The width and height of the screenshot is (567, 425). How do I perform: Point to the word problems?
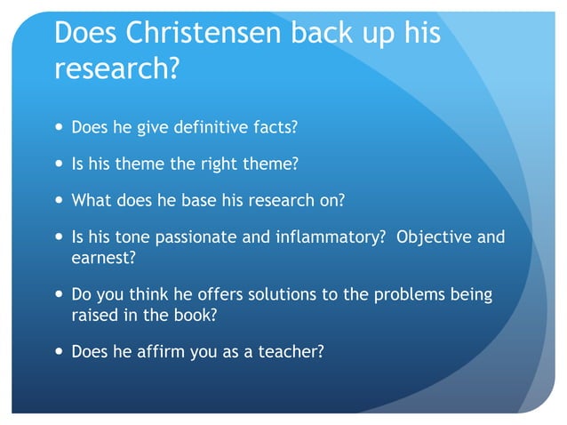click(404, 295)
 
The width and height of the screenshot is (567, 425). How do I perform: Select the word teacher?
click(290, 351)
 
